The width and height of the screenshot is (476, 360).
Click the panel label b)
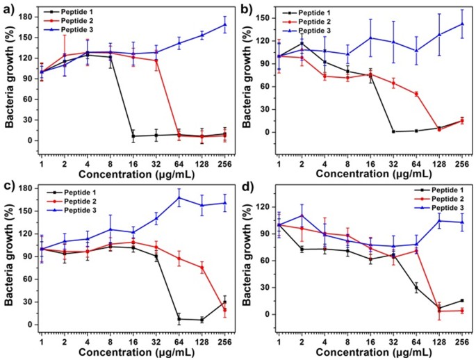tap(248, 9)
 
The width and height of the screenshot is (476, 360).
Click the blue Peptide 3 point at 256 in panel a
tap(224, 25)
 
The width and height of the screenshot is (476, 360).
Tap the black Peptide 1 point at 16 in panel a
tap(133, 136)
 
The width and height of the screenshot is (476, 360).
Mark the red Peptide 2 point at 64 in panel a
tap(179, 135)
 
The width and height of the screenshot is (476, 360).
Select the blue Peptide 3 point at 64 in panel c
tap(179, 197)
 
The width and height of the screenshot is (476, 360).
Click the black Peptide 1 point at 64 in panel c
tap(179, 319)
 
